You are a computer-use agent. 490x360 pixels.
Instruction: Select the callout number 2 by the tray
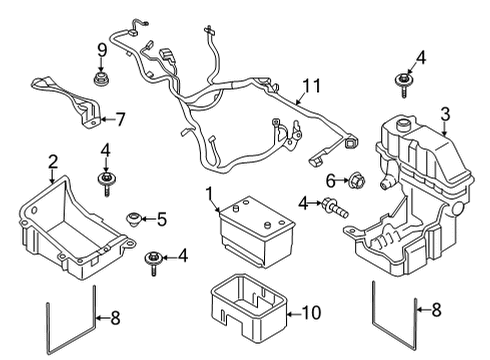[x=53, y=160]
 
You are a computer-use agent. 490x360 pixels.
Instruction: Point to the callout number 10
[x=311, y=313]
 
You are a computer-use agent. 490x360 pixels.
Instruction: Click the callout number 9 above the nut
[x=101, y=50]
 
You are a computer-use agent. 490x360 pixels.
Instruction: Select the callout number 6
[x=329, y=179]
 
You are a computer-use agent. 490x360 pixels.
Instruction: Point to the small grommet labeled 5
[x=131, y=217]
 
